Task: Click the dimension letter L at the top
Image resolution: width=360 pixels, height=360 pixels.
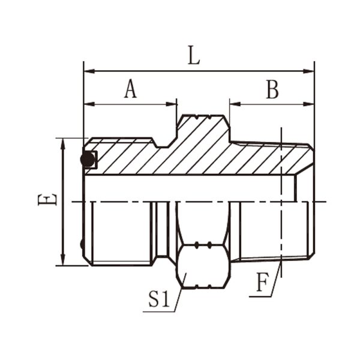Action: pos(194,55)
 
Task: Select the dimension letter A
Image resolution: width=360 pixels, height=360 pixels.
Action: pos(130,89)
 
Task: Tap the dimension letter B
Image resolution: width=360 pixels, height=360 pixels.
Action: pos(272,89)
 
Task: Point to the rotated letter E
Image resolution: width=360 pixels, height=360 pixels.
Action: pos(47,199)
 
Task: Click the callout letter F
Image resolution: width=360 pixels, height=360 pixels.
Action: pos(262,282)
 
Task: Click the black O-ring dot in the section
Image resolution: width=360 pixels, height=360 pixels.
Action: pos(88,159)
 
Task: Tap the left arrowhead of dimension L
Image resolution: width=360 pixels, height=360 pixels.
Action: pos(89,71)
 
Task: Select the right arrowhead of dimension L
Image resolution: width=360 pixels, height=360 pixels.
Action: pos(309,71)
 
